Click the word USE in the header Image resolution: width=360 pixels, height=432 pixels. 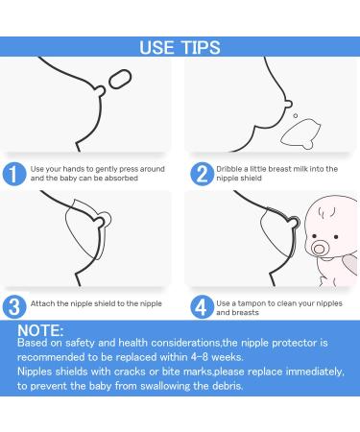coord(157,47)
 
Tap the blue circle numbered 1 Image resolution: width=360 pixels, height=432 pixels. coord(14,174)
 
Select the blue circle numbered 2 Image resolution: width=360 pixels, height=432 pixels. coord(202,174)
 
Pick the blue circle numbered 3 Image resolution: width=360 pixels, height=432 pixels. coord(14,307)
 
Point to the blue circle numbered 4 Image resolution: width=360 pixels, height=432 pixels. coord(202,307)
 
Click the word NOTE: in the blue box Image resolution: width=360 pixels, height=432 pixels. coord(40,330)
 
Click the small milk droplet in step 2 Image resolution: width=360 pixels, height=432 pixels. coord(296,115)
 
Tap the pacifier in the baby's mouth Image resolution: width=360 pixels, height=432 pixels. coord(319,248)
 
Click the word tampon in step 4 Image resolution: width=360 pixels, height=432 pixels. coord(252,303)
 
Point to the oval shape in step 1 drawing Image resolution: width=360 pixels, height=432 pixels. coord(120,79)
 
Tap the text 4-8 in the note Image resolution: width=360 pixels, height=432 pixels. coord(200,357)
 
